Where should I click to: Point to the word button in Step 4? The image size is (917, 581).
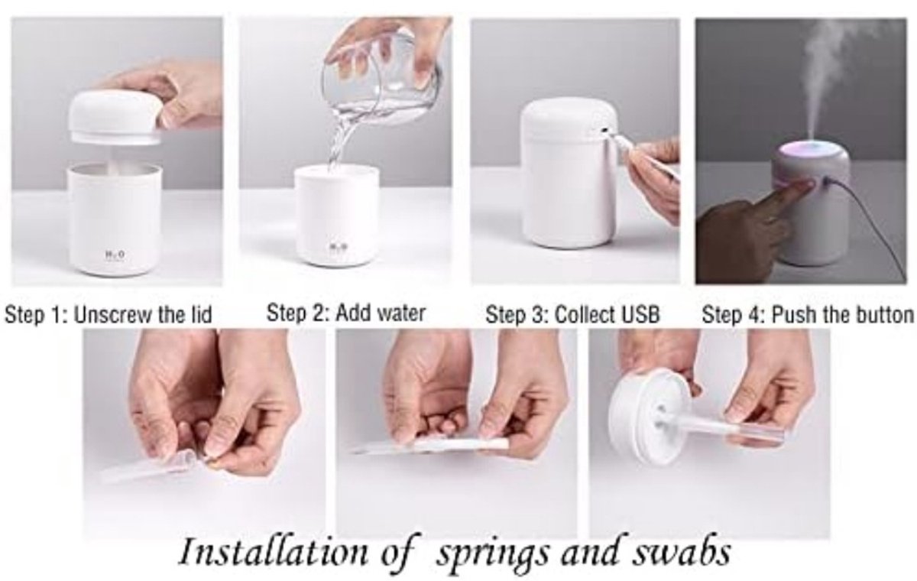(883, 315)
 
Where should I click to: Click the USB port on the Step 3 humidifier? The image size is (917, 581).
(604, 131)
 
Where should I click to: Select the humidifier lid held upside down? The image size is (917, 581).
(650, 415)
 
